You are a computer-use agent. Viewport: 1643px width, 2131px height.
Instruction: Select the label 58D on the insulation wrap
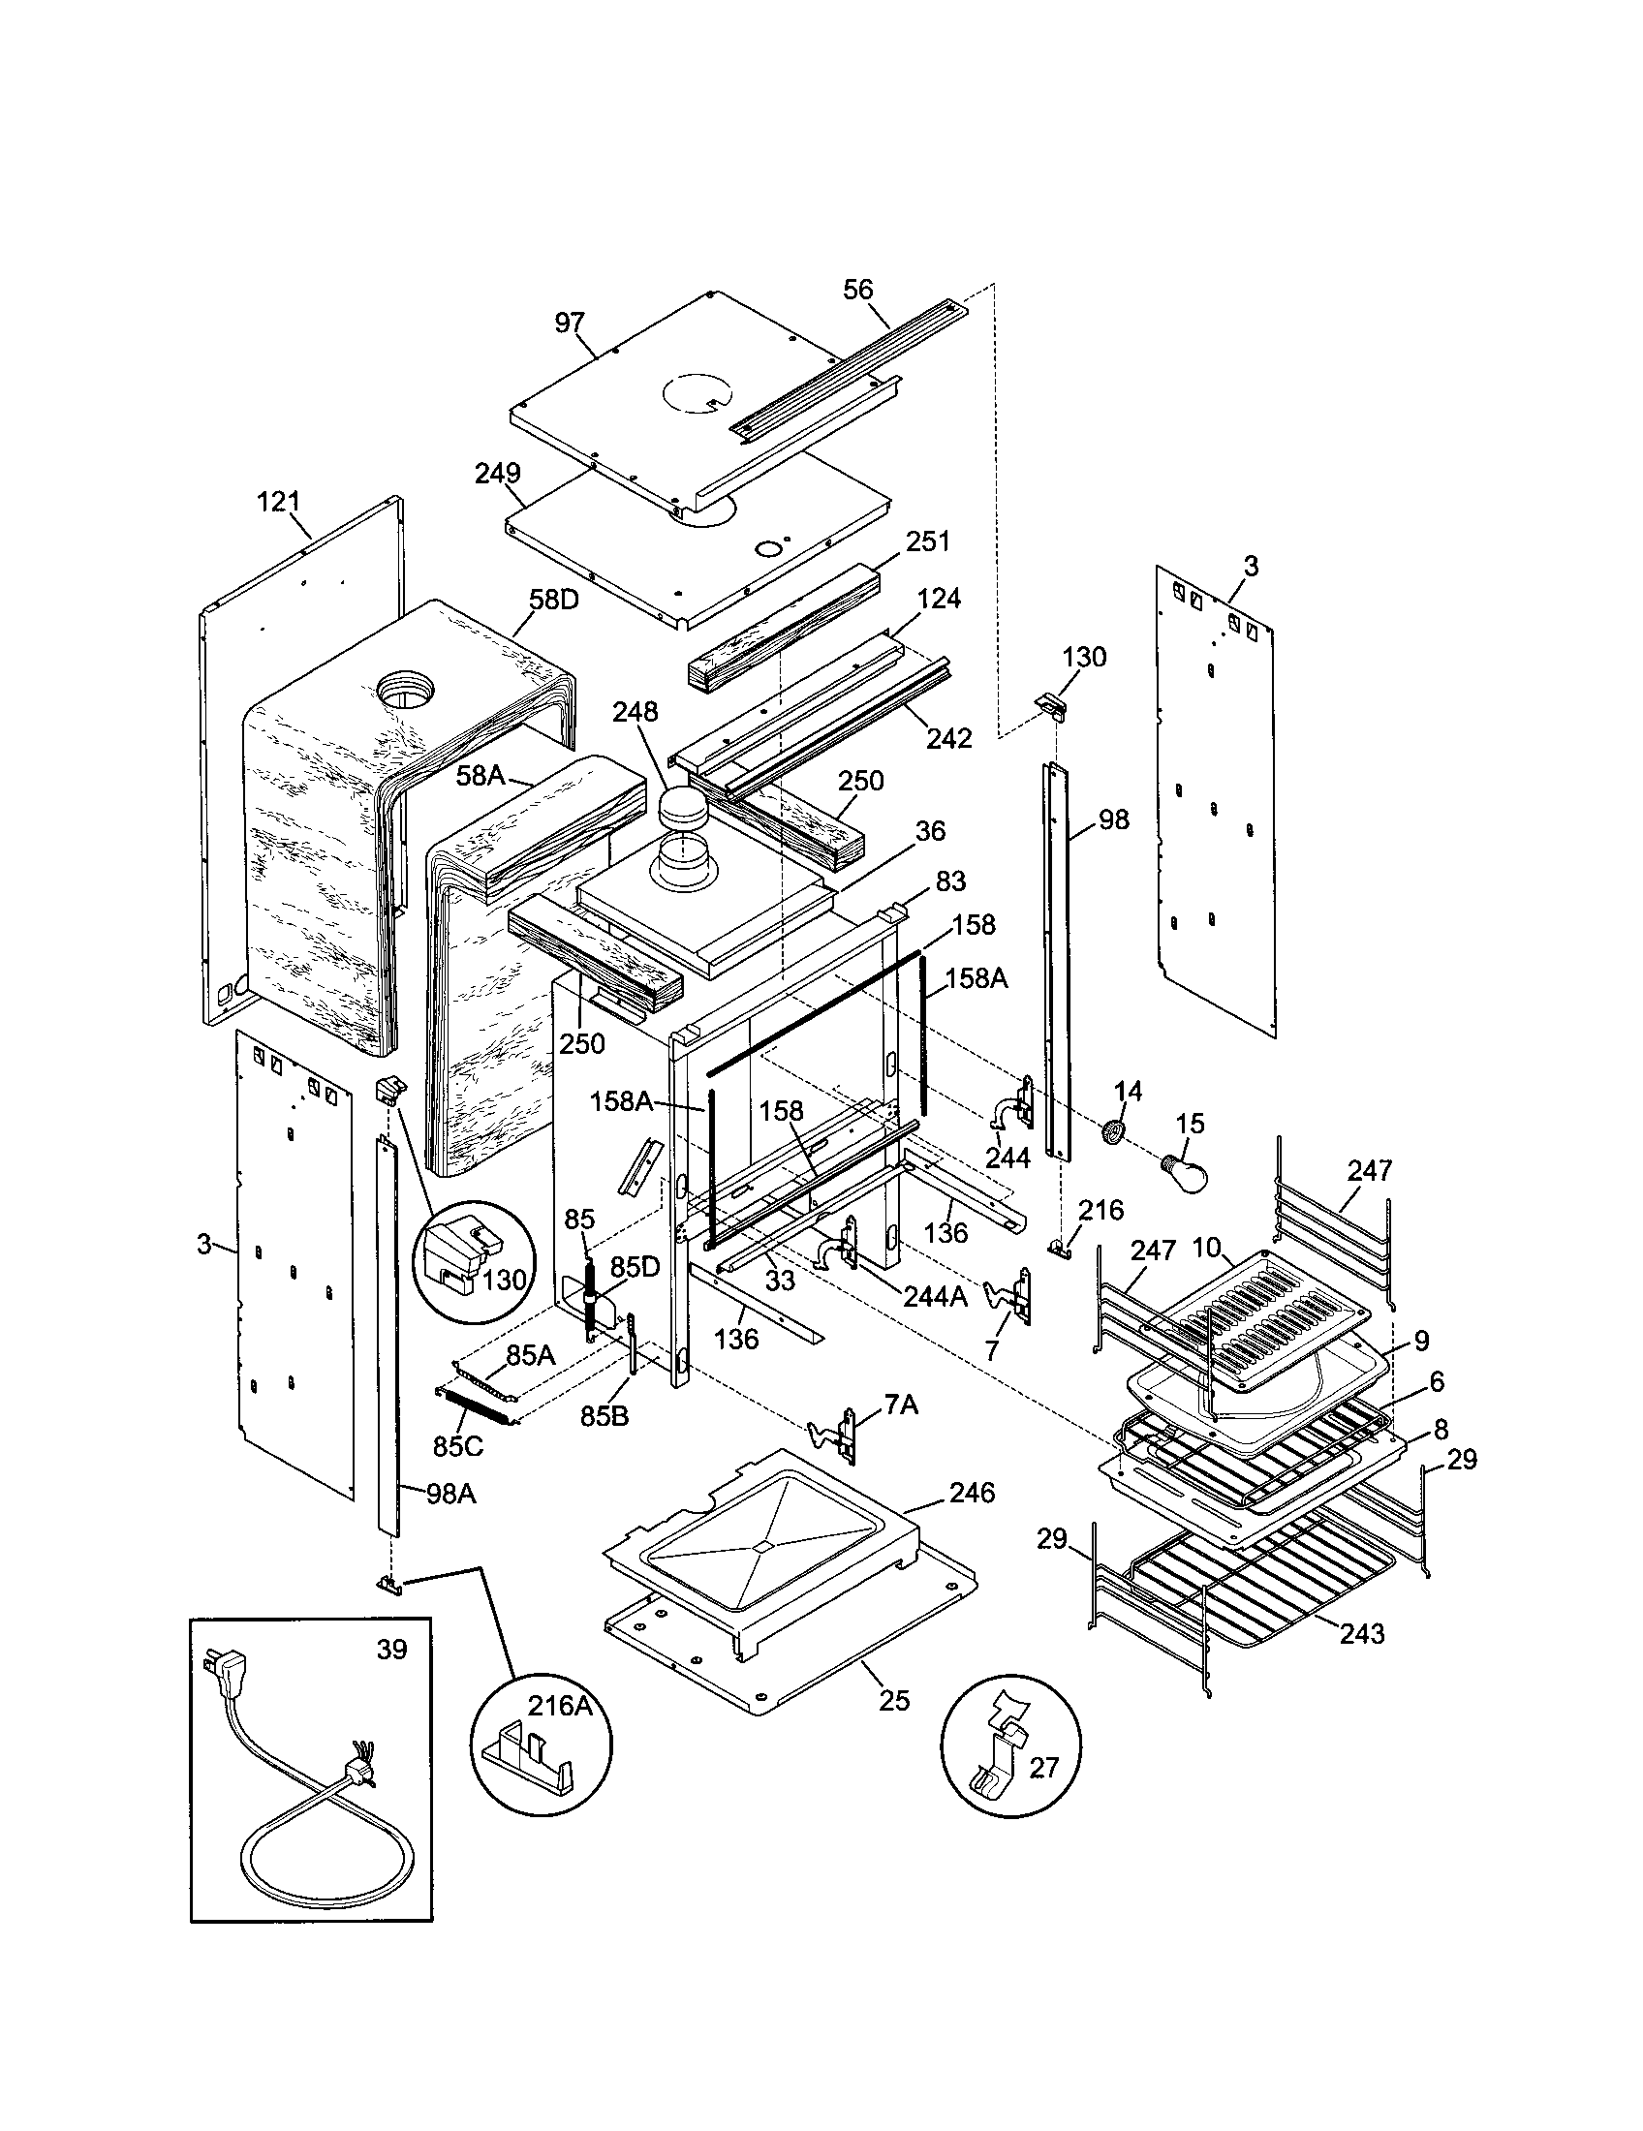554,599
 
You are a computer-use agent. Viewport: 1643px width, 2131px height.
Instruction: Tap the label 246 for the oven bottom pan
972,1492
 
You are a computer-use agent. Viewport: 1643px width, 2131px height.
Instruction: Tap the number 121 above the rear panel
278,502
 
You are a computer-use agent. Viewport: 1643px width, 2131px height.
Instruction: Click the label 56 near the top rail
858,290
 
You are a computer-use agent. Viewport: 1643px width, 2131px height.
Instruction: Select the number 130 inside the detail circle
504,1279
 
